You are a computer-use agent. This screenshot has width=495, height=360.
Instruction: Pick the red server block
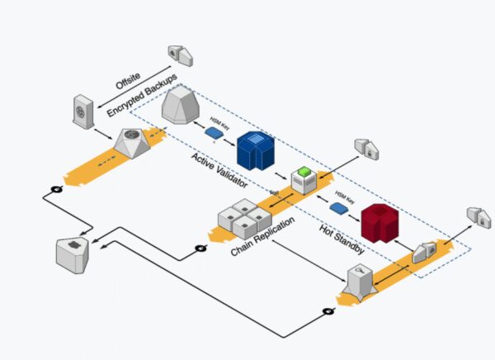point(384,222)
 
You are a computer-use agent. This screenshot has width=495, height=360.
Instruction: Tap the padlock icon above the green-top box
point(365,146)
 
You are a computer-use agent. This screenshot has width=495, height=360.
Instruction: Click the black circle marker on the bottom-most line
point(328,311)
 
